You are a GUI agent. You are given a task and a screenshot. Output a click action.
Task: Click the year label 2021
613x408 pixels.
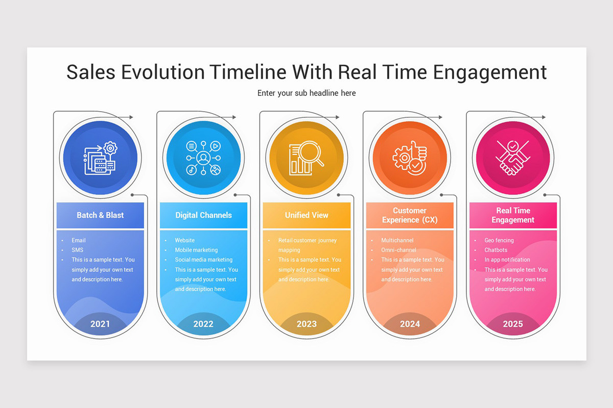(100, 324)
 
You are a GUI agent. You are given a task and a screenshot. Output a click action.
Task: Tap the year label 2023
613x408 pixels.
(306, 324)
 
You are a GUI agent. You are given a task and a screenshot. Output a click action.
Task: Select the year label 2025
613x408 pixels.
(513, 324)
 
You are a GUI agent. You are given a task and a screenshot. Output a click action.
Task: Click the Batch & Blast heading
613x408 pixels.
(100, 215)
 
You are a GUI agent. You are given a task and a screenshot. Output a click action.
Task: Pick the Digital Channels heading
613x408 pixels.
(203, 215)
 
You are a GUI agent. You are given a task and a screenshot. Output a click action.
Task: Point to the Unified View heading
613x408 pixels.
(306, 215)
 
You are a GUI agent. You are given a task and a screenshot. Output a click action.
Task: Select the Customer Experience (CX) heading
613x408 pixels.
(410, 215)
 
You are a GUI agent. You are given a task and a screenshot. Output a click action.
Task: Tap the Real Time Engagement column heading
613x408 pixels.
(513, 215)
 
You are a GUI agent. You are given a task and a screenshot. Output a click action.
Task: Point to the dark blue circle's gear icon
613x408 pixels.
(110, 148)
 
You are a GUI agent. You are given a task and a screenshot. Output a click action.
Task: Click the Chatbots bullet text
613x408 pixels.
(496, 250)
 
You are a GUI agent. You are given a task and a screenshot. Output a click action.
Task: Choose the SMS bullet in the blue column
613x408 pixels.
(77, 250)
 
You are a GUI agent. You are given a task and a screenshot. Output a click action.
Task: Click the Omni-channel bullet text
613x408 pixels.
(398, 250)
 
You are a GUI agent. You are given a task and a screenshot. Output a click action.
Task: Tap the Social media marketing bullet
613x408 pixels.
(203, 260)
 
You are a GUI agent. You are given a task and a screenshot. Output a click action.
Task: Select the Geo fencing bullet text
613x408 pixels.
(499, 240)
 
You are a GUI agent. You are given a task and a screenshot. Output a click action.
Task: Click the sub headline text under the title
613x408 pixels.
(306, 93)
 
